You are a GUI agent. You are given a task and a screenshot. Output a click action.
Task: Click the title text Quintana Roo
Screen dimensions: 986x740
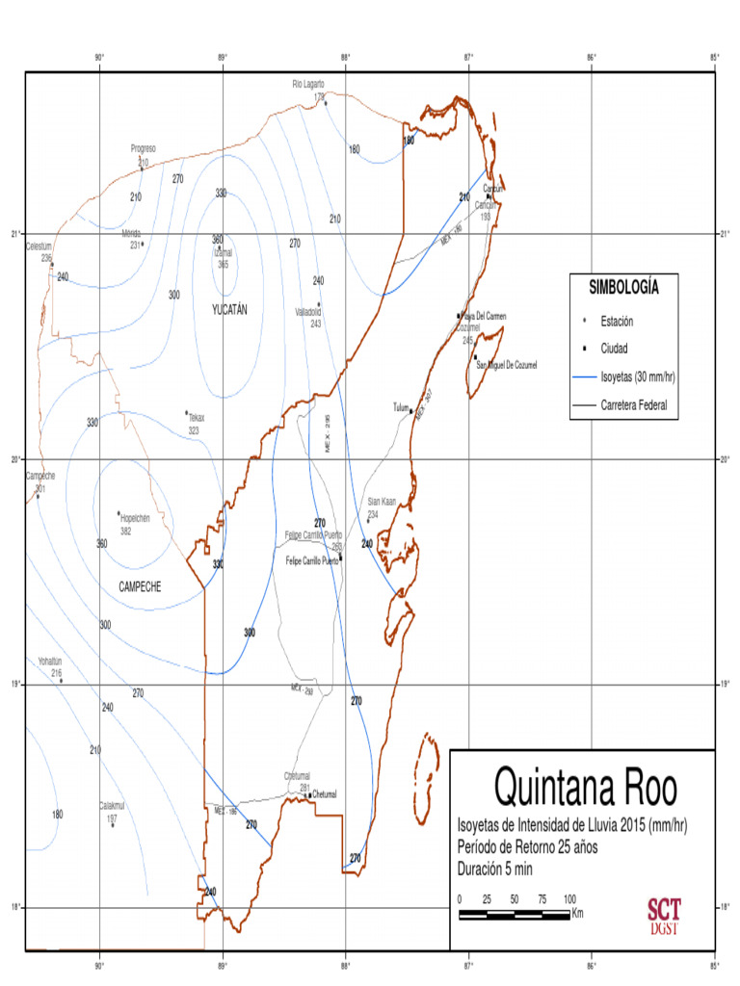coord(585,788)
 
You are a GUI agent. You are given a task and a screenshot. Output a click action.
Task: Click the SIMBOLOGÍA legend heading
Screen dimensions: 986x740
coord(624,287)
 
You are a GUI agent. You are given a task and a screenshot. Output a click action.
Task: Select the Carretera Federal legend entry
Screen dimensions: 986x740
coord(633,405)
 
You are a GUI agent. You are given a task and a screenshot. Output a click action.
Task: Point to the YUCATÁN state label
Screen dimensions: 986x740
coord(229,309)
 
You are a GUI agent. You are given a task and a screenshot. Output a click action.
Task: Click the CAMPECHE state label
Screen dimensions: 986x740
coord(140,586)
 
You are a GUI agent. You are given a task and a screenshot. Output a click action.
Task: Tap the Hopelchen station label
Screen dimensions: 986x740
coord(142,517)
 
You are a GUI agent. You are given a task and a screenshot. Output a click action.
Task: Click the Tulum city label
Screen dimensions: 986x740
coord(401,406)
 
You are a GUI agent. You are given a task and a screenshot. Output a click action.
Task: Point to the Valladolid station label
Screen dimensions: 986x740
coord(314,312)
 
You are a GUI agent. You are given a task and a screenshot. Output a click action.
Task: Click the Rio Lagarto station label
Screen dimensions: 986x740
coord(308,85)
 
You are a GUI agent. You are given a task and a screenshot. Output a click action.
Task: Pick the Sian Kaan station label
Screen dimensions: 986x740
coord(382,502)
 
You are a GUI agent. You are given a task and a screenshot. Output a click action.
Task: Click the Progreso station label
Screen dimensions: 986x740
coord(144,149)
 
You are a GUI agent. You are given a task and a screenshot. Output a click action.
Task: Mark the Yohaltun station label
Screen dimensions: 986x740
coord(50,662)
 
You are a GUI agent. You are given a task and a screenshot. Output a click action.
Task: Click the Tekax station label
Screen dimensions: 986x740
coord(197,418)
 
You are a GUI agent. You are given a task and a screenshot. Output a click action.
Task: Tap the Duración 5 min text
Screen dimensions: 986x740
coord(495,869)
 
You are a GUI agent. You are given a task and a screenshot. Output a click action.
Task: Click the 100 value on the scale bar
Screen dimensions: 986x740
coord(569,898)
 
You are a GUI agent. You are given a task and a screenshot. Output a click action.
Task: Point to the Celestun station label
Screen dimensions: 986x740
coord(39,246)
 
